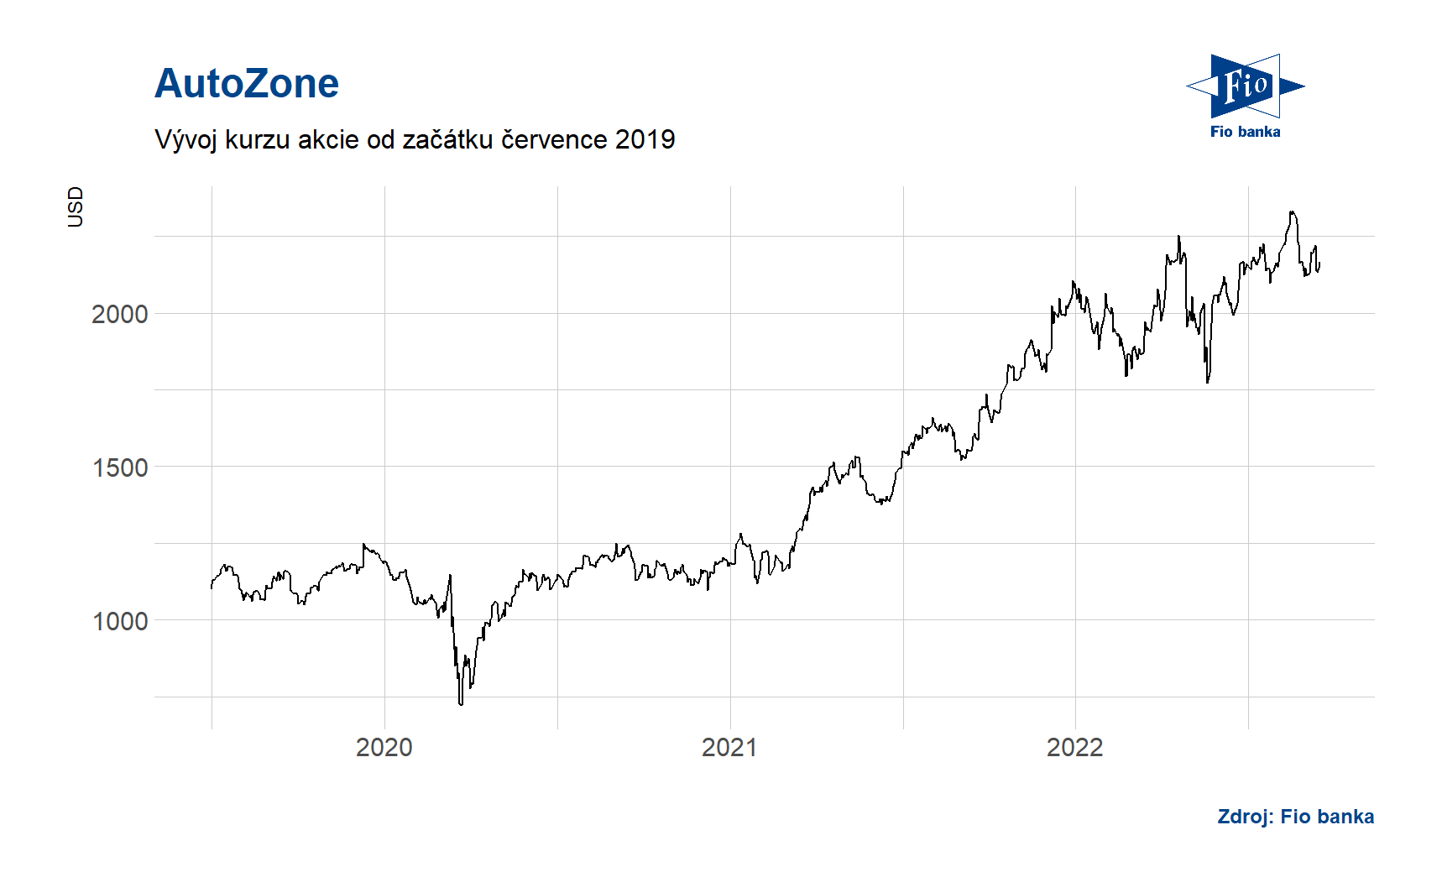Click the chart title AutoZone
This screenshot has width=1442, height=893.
click(247, 84)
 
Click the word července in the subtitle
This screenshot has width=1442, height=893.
click(554, 139)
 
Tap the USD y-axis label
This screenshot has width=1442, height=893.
click(76, 206)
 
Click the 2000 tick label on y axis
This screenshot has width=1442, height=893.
click(119, 314)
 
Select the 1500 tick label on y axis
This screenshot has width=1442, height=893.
click(119, 467)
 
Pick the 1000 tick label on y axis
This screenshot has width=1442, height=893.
click(119, 621)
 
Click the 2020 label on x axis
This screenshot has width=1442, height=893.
click(384, 747)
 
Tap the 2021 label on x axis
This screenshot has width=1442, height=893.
click(729, 747)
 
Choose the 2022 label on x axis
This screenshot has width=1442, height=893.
click(1074, 747)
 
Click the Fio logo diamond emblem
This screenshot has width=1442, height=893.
click(1245, 86)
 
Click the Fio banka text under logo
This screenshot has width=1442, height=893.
click(1245, 132)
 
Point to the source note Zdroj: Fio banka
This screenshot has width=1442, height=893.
click(1295, 817)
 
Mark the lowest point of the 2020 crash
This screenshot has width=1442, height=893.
click(461, 703)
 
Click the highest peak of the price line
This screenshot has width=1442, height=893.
click(1293, 212)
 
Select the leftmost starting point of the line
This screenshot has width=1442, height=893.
click(212, 587)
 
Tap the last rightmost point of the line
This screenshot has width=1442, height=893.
click(1319, 264)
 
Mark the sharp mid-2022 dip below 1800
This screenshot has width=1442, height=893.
click(1208, 382)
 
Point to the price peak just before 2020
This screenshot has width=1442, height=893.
click(363, 544)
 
